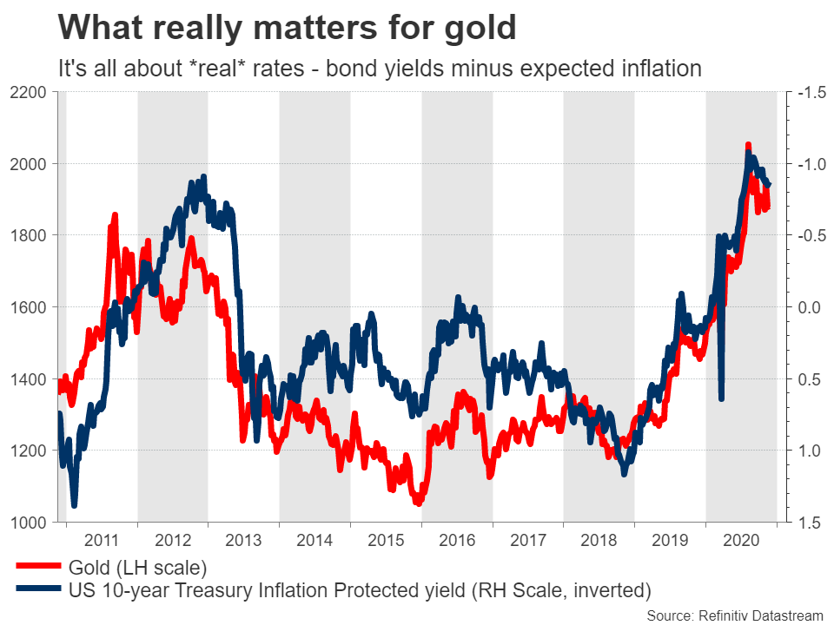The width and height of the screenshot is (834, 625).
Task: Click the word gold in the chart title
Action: pos(480,29)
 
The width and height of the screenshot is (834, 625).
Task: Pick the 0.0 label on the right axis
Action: pos(808,307)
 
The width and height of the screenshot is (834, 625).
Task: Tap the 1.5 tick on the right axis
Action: pos(808,523)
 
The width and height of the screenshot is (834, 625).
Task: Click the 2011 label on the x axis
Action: pos(102,539)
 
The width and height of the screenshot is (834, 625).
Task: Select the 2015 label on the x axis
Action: pos(386,539)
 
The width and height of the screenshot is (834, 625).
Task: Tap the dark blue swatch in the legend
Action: pos(36,590)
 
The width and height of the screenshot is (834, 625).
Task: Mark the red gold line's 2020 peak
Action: pos(748,145)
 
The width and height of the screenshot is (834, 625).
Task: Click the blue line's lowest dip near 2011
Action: pos(74,504)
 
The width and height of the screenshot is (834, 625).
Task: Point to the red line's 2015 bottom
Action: pos(418,502)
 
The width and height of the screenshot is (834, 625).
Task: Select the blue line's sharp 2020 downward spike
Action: pos(722,398)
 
